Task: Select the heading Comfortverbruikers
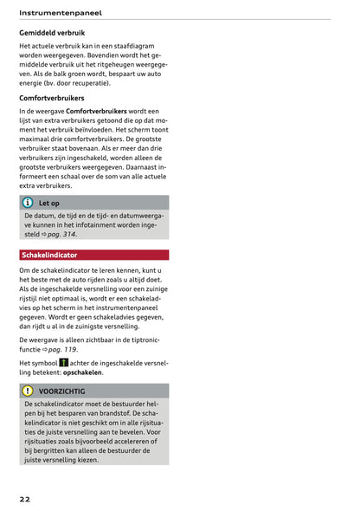pos(56,98)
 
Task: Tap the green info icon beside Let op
pos(28,203)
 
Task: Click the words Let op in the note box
pos(49,203)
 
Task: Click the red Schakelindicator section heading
pos(49,255)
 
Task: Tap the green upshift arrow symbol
pos(64,362)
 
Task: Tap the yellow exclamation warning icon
pos(28,391)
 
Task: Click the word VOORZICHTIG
pos(62,391)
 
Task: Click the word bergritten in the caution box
pos(50,450)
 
